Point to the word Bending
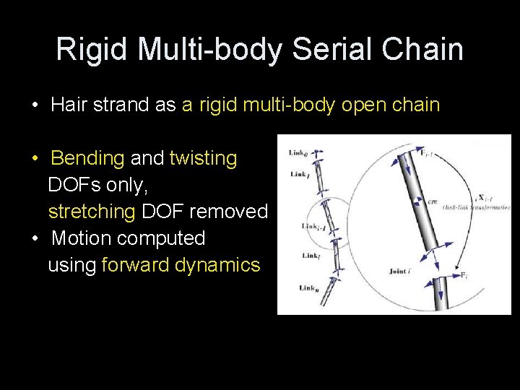(x=88, y=158)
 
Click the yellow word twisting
(x=203, y=158)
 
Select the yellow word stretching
(x=92, y=212)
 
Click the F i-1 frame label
(x=429, y=152)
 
